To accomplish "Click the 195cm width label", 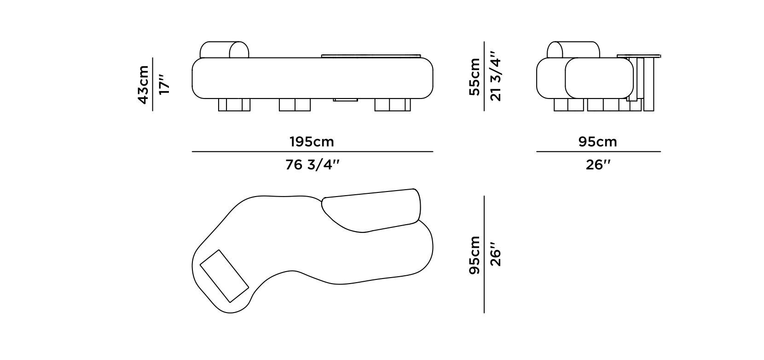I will [x=312, y=141].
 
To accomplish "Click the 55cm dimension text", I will [x=474, y=76].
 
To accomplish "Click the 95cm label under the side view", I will [x=597, y=141].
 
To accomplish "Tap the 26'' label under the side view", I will [x=597, y=164].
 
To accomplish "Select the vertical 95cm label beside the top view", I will [x=474, y=255].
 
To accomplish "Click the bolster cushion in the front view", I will [x=225, y=50].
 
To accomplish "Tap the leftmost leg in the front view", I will [x=234, y=105].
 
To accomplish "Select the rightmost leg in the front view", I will [x=392, y=105].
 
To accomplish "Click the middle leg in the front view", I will [x=295, y=105].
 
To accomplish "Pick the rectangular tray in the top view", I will [x=224, y=276].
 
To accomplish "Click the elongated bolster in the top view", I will [x=372, y=209].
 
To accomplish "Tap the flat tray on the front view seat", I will [x=370, y=56].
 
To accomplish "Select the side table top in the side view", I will [x=639, y=56].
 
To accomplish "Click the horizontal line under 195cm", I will [x=312, y=151].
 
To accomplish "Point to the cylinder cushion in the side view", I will [x=573, y=50].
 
